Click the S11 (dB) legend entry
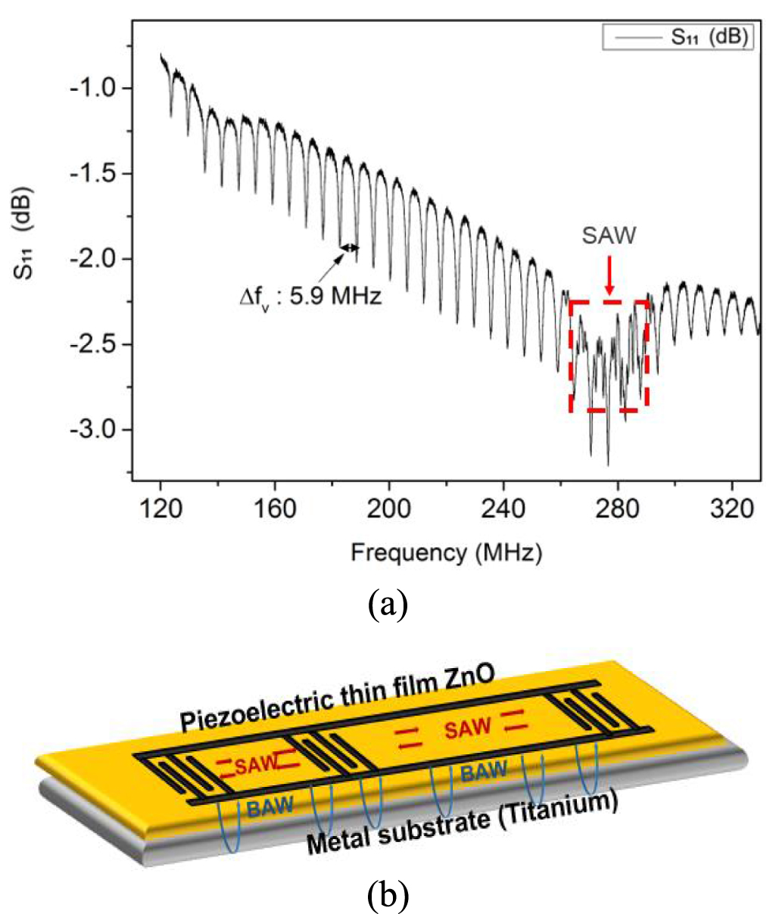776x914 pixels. (678, 37)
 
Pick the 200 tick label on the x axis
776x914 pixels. (389, 508)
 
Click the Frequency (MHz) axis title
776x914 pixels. (446, 553)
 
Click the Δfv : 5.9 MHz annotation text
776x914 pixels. (311, 294)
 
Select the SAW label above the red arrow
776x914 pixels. (609, 235)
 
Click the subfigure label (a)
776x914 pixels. (388, 605)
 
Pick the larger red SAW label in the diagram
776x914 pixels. (467, 729)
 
